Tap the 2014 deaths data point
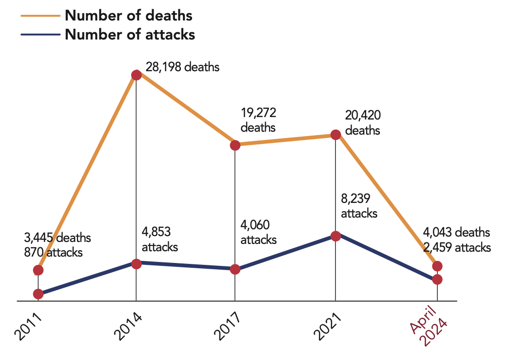(x=137, y=75)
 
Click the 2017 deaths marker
(x=235, y=145)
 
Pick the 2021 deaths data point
(x=335, y=135)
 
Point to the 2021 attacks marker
(x=335, y=236)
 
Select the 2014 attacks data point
(x=137, y=264)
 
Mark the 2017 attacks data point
(x=235, y=269)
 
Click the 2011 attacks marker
(x=38, y=294)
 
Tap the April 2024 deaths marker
(x=437, y=266)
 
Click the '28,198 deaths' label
(x=182, y=67)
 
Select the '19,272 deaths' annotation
(x=258, y=120)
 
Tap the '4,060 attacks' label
(x=258, y=233)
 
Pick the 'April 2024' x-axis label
(x=429, y=329)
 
